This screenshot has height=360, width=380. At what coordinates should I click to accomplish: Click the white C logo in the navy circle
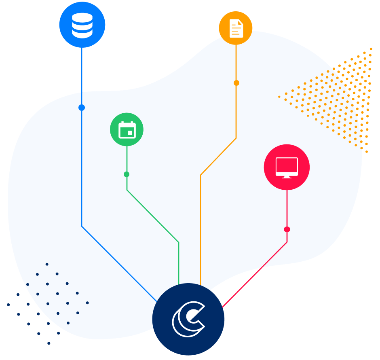click(x=188, y=319)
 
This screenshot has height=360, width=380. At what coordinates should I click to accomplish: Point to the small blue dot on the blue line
click(x=82, y=108)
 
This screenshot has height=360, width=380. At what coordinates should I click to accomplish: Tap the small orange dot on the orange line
click(x=236, y=83)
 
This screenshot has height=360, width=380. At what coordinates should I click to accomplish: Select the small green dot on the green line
click(x=127, y=174)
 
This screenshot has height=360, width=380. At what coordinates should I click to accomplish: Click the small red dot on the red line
click(x=287, y=229)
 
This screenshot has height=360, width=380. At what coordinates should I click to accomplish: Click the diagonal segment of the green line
click(x=153, y=216)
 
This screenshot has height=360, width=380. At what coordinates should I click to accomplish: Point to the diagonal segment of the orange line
click(x=218, y=157)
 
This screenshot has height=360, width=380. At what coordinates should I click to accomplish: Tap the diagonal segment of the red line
click(x=255, y=275)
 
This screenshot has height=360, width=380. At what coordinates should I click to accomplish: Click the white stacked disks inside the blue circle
click(x=82, y=25)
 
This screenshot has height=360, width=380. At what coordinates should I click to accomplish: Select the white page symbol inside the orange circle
click(x=236, y=28)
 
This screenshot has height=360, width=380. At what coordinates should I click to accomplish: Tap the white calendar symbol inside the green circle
click(x=127, y=130)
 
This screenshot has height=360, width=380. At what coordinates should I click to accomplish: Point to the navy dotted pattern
click(x=48, y=303)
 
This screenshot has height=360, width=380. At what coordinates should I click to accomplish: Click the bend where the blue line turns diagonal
click(x=82, y=226)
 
